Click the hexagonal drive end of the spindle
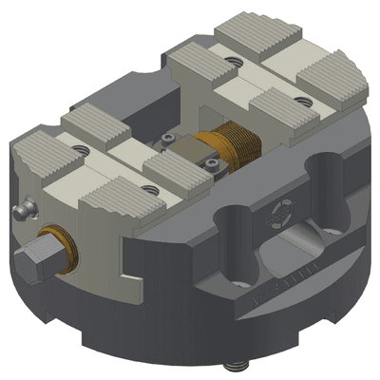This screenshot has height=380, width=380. [34, 257]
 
